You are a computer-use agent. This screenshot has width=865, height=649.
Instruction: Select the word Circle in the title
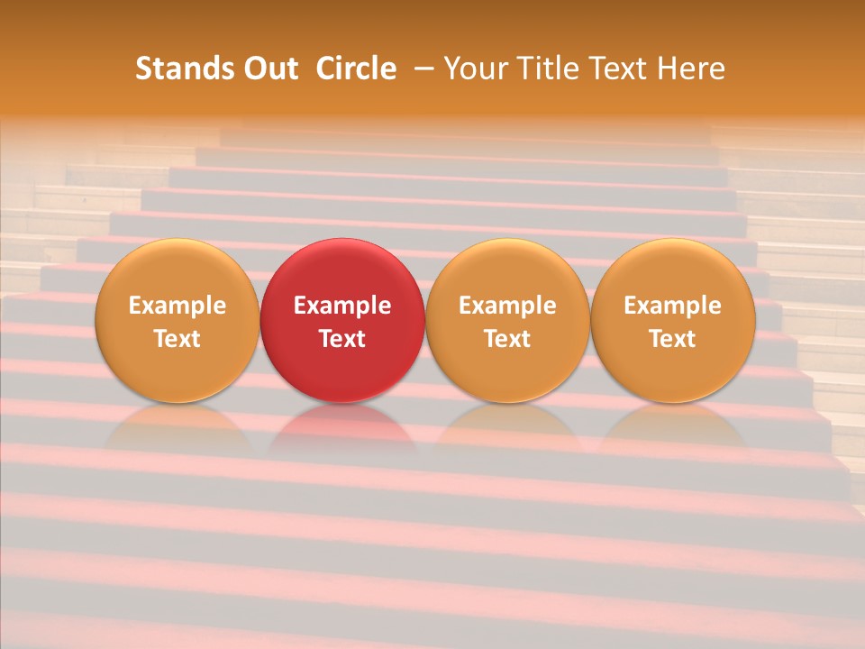[x=356, y=69]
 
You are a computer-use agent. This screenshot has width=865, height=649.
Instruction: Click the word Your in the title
[x=475, y=69]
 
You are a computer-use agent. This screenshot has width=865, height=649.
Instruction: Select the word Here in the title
[x=690, y=69]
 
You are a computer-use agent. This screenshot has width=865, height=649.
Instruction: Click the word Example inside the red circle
[x=342, y=306]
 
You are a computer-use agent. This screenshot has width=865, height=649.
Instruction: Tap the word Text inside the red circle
[x=342, y=339]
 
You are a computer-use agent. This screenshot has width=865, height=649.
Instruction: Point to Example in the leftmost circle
[x=177, y=306]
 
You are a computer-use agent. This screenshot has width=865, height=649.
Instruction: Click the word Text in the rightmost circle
[x=673, y=339]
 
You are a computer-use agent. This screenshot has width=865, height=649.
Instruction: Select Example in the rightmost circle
[x=673, y=306]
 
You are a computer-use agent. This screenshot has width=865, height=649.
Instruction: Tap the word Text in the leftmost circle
[x=177, y=339]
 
